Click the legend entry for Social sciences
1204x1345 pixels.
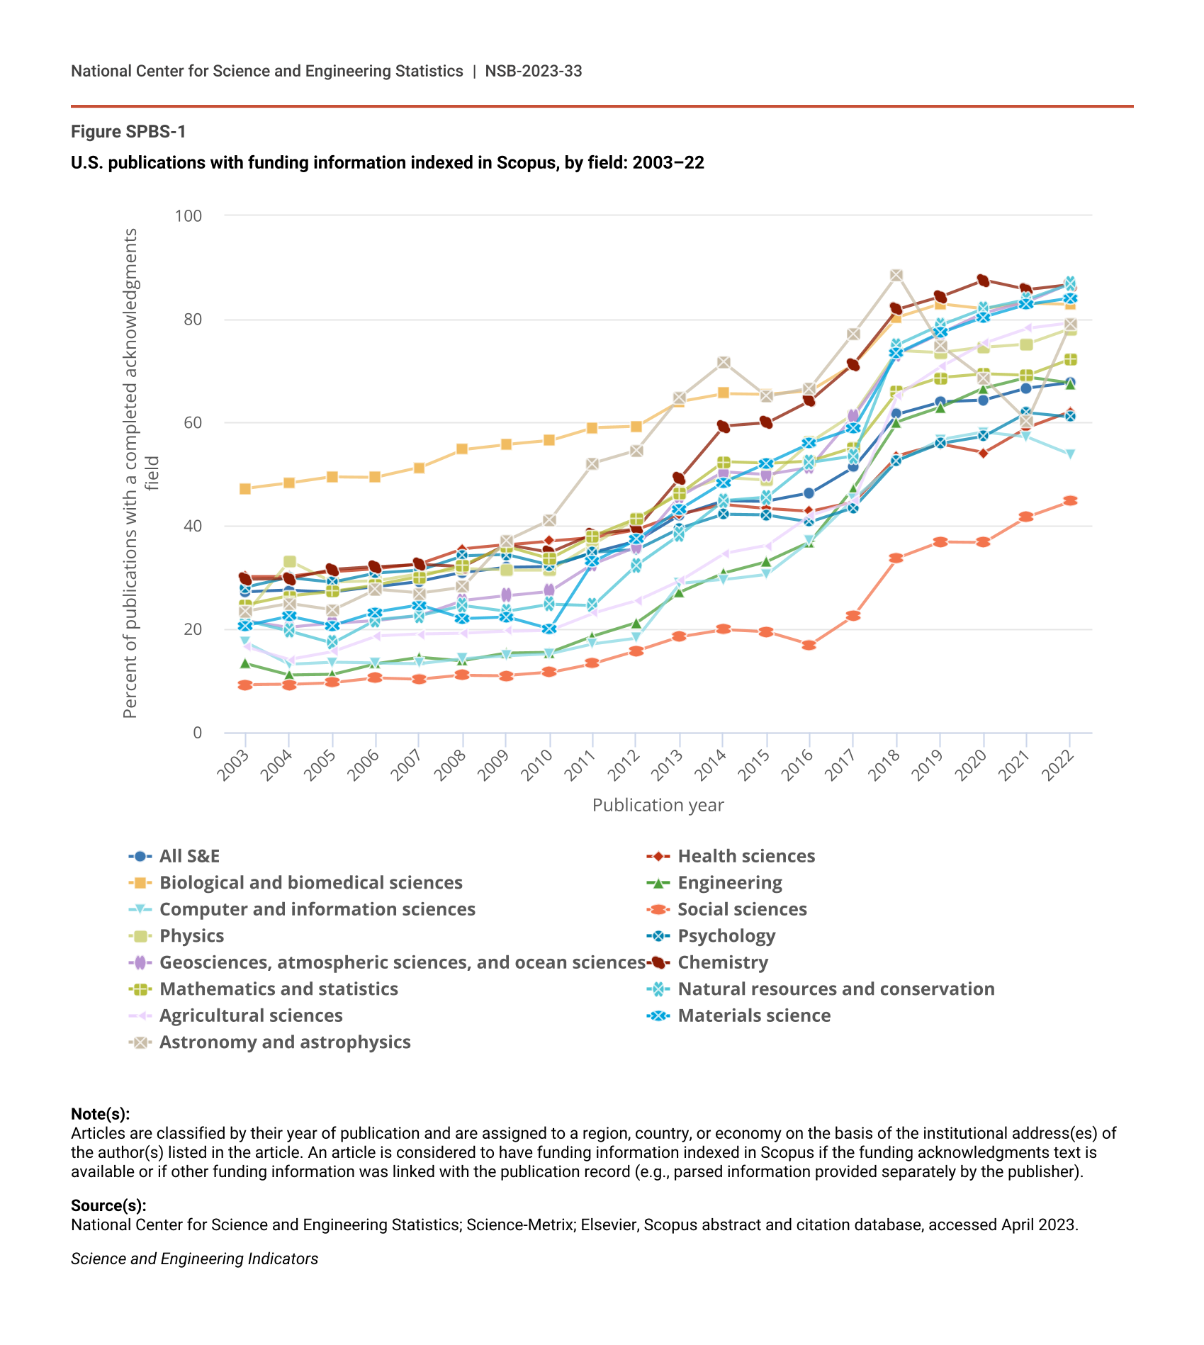[x=741, y=909]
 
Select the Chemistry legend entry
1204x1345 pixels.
[x=722, y=962]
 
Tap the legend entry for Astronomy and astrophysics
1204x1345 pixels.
[x=284, y=1042]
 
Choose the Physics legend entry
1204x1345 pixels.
[x=191, y=935]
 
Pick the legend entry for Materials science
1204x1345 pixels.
[x=753, y=1015]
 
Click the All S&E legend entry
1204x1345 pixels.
[x=189, y=856]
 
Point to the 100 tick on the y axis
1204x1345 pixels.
[x=189, y=215]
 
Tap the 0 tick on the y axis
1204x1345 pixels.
[x=197, y=733]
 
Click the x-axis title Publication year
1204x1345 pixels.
[x=658, y=805]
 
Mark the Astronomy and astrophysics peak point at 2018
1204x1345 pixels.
[x=896, y=275]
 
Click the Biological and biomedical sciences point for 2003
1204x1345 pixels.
[x=245, y=489]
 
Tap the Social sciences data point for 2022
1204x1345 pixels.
[x=1070, y=500]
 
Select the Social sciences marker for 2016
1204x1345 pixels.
[x=809, y=645]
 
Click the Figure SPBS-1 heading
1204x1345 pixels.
[x=128, y=132]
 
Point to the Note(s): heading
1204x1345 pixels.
[x=100, y=1114]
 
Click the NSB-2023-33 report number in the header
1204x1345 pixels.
[x=534, y=71]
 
